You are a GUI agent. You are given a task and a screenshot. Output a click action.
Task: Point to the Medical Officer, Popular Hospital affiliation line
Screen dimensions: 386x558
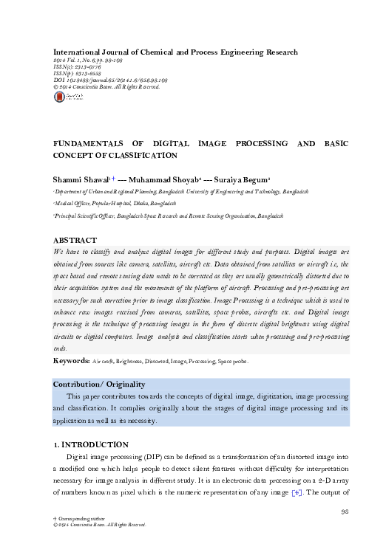pos(115,202)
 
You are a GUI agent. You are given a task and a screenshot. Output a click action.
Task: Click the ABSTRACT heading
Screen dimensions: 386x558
pos(75,241)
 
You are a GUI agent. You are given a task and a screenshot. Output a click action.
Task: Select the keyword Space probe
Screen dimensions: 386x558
pos(232,362)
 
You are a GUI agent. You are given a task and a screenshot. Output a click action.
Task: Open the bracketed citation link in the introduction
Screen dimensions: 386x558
pos(297,492)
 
